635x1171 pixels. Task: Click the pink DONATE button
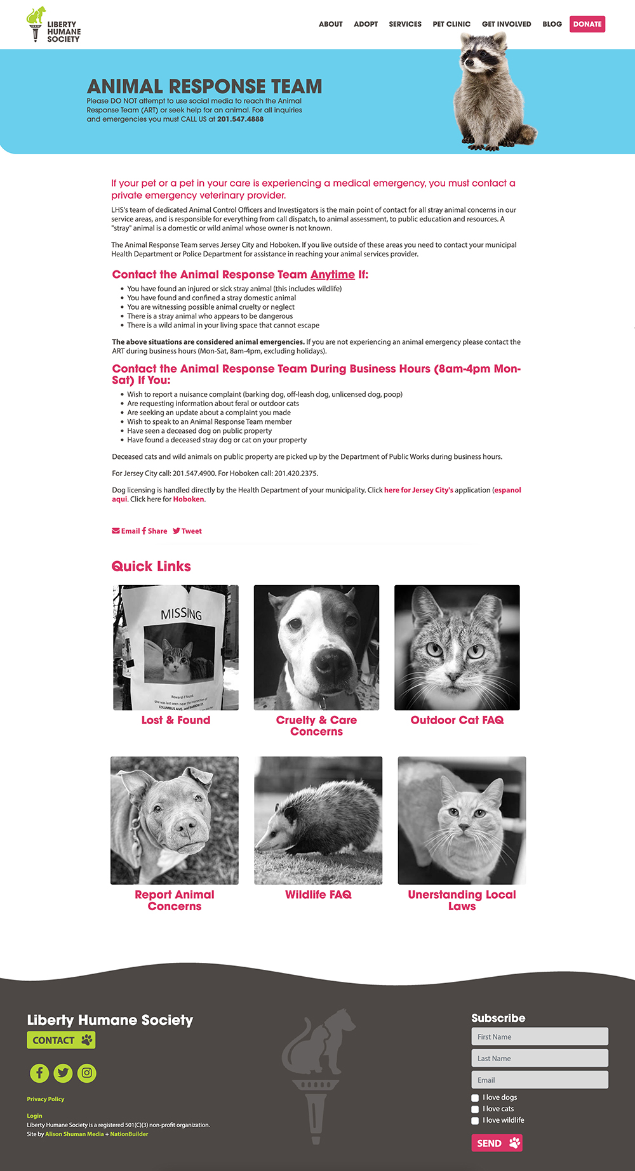(x=587, y=24)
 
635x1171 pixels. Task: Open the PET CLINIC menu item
(x=451, y=24)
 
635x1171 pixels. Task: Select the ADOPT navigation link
(x=365, y=24)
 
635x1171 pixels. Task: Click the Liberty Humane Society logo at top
(x=53, y=25)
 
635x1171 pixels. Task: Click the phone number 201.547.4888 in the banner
(x=240, y=119)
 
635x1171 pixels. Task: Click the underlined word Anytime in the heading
(x=332, y=275)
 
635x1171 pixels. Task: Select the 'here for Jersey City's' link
(x=418, y=490)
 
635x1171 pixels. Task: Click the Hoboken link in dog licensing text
(x=189, y=499)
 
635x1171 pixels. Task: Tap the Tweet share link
(x=187, y=531)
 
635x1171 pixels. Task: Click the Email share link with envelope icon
(x=126, y=531)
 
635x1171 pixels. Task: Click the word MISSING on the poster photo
(x=181, y=614)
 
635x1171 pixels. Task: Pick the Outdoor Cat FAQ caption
(x=457, y=720)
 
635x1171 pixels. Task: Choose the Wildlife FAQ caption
(x=317, y=895)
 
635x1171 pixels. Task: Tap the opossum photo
(x=317, y=820)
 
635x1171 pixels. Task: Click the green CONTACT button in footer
(x=61, y=1040)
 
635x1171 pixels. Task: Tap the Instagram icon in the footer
(x=87, y=1073)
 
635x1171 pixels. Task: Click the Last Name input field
(x=539, y=1059)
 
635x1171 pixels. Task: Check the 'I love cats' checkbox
(x=475, y=1109)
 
